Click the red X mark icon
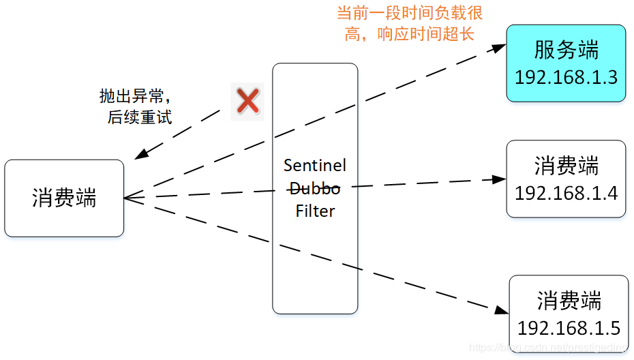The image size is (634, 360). [x=247, y=102]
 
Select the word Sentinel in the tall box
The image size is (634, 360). [x=315, y=166]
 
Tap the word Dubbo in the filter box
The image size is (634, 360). [x=315, y=188]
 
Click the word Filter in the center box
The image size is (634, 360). [x=315, y=211]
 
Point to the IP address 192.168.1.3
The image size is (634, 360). [x=566, y=77]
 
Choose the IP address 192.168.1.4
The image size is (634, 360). [x=566, y=193]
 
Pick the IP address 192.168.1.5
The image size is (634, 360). [x=569, y=329]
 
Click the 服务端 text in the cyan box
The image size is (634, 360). [x=566, y=50]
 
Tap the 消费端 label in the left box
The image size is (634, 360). [x=64, y=198]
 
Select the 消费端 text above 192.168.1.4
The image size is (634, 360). [x=566, y=166]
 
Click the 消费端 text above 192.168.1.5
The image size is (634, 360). [x=569, y=301]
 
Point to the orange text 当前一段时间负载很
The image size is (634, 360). [x=410, y=14]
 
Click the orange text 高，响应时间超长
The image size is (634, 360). [x=409, y=34]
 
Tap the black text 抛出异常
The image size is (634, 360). [x=134, y=96]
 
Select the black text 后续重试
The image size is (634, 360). [x=139, y=117]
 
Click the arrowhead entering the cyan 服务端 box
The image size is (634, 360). [x=500, y=47]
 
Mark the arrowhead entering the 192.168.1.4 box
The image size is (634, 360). [x=500, y=180]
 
